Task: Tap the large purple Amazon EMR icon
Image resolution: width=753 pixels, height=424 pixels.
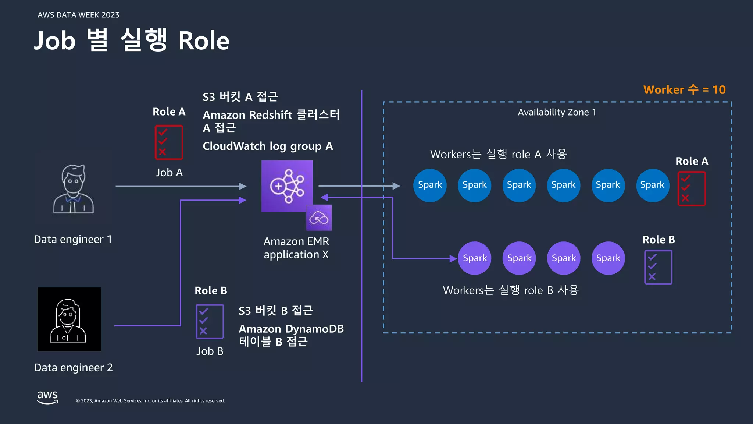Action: tap(287, 186)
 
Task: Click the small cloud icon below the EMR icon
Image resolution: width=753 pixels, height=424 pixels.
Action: tap(319, 218)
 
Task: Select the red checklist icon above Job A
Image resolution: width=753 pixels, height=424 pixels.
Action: tap(169, 142)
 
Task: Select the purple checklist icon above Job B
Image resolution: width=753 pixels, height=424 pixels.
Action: tap(210, 321)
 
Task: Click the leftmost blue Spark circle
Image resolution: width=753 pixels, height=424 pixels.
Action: tap(430, 185)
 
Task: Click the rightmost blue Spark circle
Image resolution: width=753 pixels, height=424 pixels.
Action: tap(652, 185)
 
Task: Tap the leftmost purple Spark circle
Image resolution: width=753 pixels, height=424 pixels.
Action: tap(475, 258)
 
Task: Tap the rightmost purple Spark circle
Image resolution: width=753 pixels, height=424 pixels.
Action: tap(608, 258)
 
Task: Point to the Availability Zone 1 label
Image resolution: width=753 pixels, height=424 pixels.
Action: tap(557, 112)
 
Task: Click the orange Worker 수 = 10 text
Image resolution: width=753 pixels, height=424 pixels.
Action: tap(684, 90)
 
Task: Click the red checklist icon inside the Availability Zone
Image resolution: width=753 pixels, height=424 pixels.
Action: tap(692, 188)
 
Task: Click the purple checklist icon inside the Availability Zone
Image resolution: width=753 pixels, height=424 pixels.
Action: tap(658, 267)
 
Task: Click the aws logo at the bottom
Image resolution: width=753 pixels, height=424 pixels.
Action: tap(48, 397)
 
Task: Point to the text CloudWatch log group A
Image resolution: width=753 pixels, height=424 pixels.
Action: tap(268, 146)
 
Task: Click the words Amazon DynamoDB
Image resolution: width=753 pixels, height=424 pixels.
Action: tap(291, 329)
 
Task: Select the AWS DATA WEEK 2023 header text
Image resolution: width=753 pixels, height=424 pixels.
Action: tap(78, 15)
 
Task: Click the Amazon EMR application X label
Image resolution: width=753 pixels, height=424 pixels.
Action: tap(296, 248)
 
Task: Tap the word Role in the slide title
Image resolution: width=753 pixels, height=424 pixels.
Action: tap(204, 40)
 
